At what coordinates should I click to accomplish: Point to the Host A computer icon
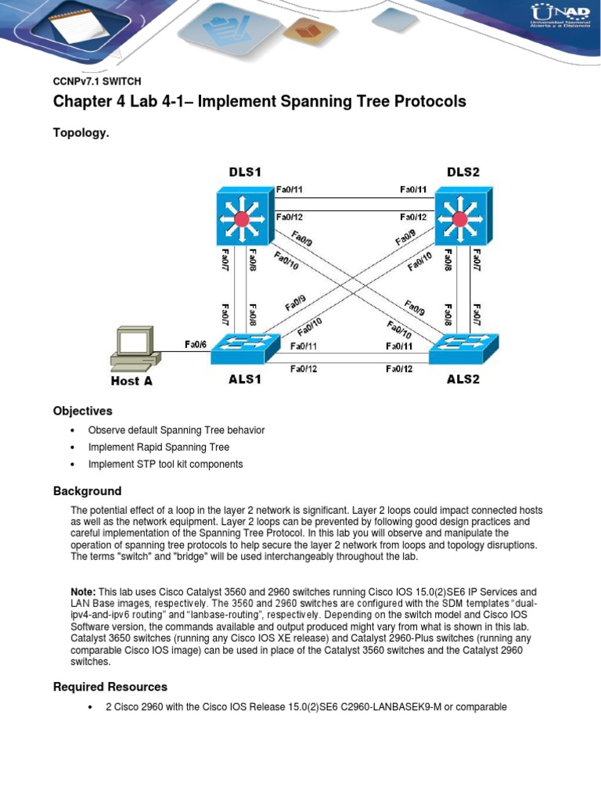click(x=135, y=350)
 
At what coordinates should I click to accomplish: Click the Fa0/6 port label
click(x=196, y=343)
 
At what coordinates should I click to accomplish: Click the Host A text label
click(x=131, y=381)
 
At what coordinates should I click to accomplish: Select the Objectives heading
click(x=82, y=411)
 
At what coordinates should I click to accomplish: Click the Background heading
click(x=87, y=491)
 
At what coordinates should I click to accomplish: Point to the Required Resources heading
click(x=110, y=687)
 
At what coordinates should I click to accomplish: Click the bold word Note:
click(x=83, y=592)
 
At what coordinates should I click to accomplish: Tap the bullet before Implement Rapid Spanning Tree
click(x=72, y=447)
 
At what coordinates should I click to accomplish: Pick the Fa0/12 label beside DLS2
click(x=412, y=217)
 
